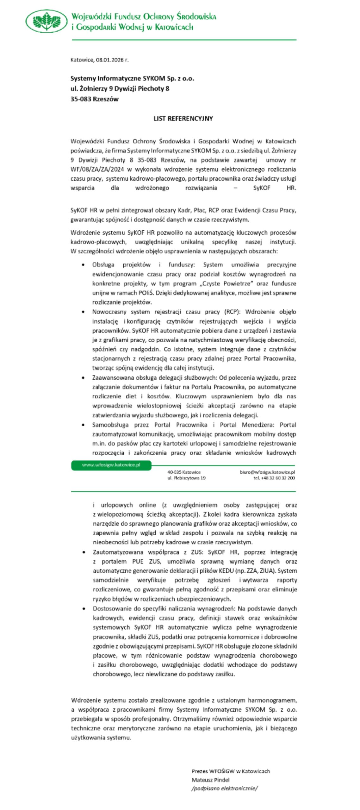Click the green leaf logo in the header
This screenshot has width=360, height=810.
(x=47, y=21)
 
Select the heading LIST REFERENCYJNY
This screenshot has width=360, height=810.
(x=183, y=119)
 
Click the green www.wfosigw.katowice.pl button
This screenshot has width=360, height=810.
(x=111, y=465)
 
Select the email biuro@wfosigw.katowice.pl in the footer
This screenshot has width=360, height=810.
(x=267, y=472)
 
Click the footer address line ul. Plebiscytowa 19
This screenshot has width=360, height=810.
(x=186, y=478)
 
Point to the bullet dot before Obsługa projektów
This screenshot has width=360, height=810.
(x=83, y=265)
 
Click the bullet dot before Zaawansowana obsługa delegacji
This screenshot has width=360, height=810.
(x=83, y=378)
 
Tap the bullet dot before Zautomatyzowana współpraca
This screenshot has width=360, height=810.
(x=84, y=552)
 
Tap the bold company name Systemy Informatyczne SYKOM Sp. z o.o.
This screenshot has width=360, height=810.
(x=132, y=78)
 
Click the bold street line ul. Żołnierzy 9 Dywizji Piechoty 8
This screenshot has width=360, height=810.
(x=120, y=89)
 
